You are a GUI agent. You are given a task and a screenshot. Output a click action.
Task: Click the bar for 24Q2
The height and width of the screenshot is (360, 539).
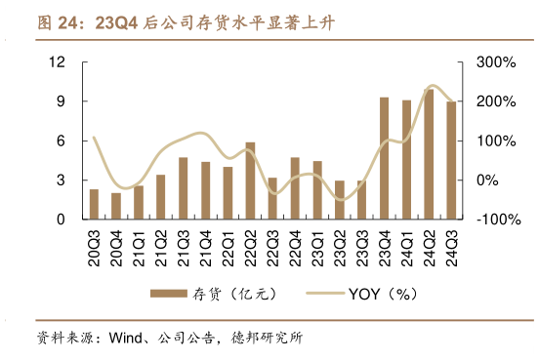tap(428, 155)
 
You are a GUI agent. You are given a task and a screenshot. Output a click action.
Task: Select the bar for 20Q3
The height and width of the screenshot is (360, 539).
tap(94, 205)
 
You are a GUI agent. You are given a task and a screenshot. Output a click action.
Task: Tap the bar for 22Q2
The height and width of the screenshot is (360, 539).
tap(250, 181)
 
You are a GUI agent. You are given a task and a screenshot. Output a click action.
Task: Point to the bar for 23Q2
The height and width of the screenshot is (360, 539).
tap(340, 200)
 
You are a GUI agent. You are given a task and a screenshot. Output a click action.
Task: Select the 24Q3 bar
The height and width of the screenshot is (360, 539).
tap(450, 161)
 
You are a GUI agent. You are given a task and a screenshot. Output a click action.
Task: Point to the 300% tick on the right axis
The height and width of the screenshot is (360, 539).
tap(496, 62)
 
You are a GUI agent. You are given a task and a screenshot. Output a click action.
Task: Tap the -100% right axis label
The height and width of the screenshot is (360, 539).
tap(496, 220)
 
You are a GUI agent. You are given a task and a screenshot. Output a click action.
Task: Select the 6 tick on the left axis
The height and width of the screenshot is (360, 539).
tap(61, 141)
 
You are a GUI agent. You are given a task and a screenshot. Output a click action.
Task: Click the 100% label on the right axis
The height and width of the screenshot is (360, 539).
tap(496, 141)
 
